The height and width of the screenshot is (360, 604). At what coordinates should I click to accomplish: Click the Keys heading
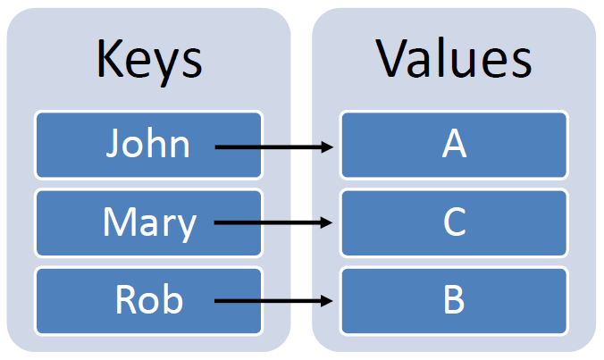148,59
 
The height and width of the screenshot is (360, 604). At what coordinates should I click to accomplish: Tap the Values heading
454,59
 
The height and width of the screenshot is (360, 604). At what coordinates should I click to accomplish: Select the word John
147,144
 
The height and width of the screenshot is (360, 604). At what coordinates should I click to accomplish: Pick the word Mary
148,222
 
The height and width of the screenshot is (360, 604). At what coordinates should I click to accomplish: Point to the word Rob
148,299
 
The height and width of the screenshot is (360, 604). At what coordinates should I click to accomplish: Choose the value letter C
454,222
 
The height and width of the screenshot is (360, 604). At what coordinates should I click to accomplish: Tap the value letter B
454,300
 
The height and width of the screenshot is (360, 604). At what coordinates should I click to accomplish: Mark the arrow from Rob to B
273,301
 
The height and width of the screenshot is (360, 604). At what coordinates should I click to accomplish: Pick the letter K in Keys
107,59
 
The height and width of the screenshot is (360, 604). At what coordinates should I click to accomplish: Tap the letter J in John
113,144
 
